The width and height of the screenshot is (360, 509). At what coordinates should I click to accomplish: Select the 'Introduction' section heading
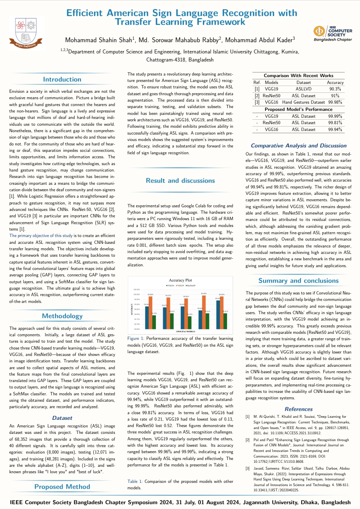[x=62, y=80]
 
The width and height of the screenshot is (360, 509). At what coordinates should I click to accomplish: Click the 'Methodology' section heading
[x=62, y=316]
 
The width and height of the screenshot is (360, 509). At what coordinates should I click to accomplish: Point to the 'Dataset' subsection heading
[x=62, y=418]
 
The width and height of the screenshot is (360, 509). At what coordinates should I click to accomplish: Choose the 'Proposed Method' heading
[x=62, y=487]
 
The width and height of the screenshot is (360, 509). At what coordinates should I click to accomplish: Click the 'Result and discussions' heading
[x=180, y=180]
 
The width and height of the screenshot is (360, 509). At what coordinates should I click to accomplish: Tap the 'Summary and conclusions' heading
[x=298, y=280]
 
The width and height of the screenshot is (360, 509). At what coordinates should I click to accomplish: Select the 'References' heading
[x=298, y=409]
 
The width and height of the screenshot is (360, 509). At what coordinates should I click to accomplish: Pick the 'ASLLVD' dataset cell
[x=303, y=89]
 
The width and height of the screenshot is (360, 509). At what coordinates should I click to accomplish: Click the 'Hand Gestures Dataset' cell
[x=303, y=102]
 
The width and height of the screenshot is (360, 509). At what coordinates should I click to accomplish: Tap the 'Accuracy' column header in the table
[x=335, y=82]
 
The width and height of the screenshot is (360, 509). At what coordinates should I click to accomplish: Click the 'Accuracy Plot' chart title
[x=180, y=280]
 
